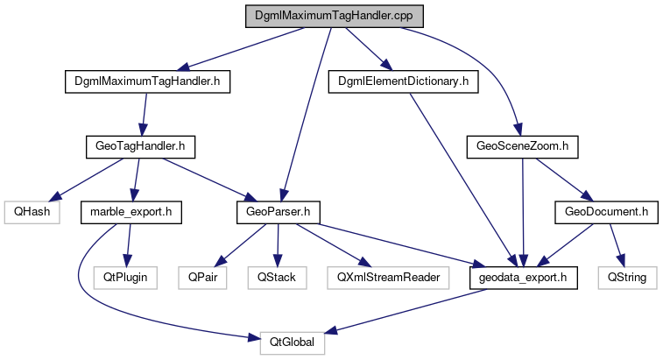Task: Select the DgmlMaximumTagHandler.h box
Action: [147, 82]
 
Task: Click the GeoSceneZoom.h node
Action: [523, 146]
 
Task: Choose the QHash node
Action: [32, 211]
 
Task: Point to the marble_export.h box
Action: [130, 211]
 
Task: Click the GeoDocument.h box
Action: [606, 211]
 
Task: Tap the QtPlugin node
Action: [122, 277]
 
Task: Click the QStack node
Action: [277, 277]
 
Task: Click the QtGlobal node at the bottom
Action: [293, 342]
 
